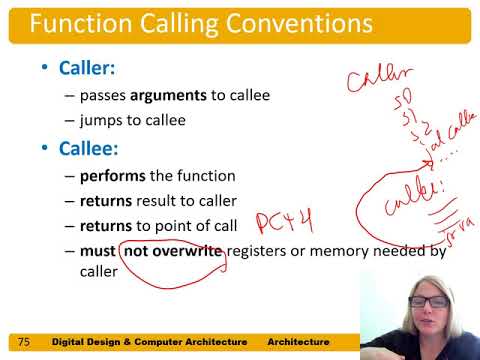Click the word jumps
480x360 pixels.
(103, 119)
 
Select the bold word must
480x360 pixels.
(99, 250)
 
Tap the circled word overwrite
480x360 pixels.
(188, 250)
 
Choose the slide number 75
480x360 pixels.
(24, 342)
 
